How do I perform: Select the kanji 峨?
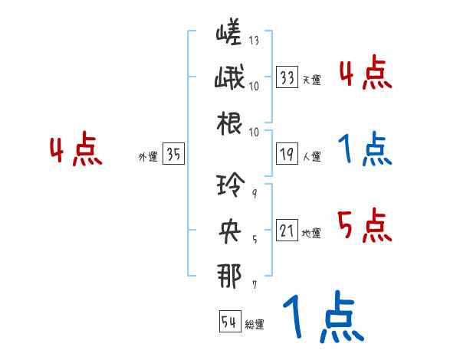(230, 78)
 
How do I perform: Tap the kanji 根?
(230, 123)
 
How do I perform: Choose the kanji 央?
(230, 231)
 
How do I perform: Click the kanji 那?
(230, 275)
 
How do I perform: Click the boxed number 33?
(287, 77)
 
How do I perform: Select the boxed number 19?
(287, 154)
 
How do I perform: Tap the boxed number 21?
(287, 231)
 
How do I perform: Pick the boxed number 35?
(173, 154)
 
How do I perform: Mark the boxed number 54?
(229, 322)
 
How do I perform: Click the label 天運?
(311, 80)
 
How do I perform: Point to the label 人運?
(311, 156)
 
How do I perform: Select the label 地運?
(311, 233)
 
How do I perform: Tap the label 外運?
(147, 156)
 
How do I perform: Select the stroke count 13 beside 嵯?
(254, 40)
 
